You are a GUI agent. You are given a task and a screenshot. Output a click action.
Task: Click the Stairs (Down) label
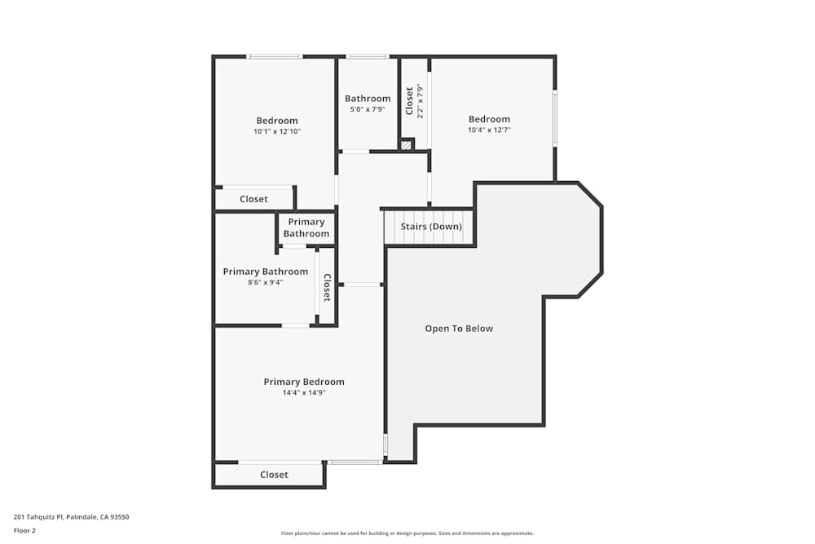click(x=430, y=227)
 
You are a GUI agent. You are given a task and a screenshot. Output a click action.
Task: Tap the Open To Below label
click(x=459, y=329)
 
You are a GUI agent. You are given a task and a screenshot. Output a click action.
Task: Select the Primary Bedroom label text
click(x=304, y=382)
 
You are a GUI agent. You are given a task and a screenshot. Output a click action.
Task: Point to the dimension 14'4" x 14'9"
click(x=304, y=393)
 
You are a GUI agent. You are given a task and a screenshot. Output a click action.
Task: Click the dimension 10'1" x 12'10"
click(x=277, y=131)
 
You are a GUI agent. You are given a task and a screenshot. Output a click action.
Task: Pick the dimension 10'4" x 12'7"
click(x=489, y=130)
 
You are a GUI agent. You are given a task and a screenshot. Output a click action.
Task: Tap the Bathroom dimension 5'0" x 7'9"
click(x=368, y=109)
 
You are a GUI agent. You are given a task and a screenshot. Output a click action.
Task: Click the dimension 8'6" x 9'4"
click(x=266, y=282)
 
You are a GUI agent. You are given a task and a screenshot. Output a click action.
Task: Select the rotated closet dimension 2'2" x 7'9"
click(x=421, y=101)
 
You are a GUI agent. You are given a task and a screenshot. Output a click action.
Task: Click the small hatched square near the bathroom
click(x=406, y=145)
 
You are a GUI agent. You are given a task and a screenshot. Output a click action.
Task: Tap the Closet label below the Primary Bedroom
click(x=274, y=475)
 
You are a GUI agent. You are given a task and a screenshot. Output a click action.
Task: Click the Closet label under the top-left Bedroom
click(x=253, y=199)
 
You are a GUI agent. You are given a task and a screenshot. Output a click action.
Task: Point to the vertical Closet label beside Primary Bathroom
click(x=327, y=287)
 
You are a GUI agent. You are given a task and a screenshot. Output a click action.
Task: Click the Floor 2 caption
click(x=24, y=530)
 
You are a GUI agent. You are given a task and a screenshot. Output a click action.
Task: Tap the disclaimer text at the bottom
click(x=407, y=533)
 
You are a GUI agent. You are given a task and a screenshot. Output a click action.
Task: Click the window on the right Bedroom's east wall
click(x=555, y=118)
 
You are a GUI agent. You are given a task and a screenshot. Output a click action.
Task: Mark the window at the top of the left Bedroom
click(x=275, y=56)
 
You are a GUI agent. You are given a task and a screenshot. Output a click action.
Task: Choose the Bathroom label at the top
click(x=368, y=99)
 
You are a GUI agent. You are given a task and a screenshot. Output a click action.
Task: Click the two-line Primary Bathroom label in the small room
click(x=306, y=228)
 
